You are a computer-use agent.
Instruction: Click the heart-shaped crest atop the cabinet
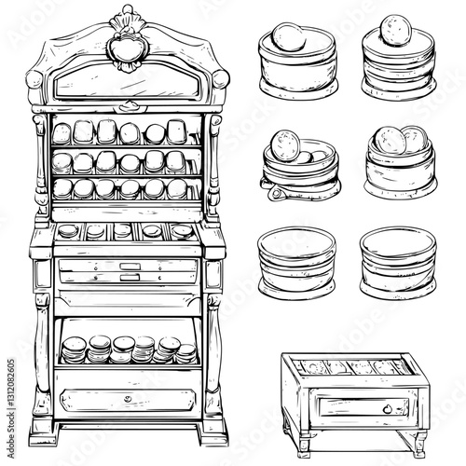pos(121,46)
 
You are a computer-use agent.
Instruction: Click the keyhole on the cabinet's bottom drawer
pos(126,399)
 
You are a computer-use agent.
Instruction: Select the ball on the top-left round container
pos(285,40)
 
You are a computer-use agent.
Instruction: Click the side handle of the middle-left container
pos(273,191)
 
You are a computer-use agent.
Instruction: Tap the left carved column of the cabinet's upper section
pos(41,158)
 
